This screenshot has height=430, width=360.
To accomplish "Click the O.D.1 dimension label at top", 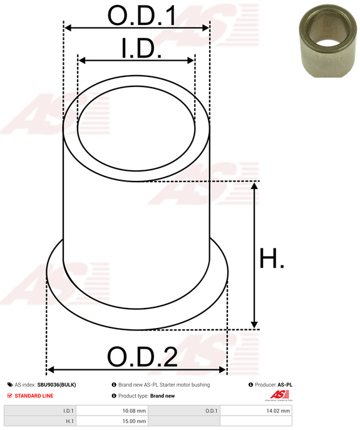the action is pos(142,16).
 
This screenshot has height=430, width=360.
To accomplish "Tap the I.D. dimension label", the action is pos(141,48).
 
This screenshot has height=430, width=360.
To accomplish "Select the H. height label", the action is pos(272,258).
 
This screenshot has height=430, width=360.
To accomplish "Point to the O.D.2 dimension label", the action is pos(142,357).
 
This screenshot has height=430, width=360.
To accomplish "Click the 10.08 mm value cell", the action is pos(112,411).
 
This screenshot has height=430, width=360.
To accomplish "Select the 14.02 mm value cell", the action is pos(256,411).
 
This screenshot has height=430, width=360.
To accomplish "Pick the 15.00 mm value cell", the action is pos(112,421).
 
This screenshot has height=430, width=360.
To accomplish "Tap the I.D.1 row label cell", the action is pos(40,411).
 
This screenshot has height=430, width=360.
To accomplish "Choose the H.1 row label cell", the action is pos(40,421).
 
